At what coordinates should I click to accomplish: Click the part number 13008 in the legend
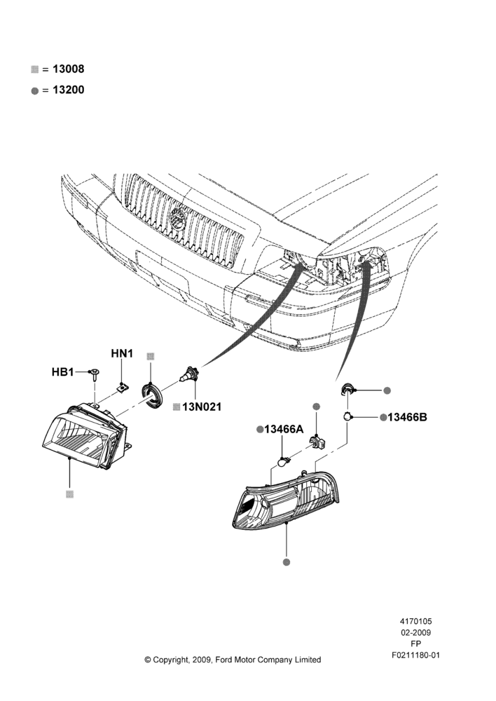(x=69, y=69)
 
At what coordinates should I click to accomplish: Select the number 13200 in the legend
(x=69, y=90)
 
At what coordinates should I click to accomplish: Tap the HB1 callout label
(x=62, y=372)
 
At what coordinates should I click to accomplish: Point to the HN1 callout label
(x=122, y=353)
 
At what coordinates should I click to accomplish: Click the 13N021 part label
(x=202, y=407)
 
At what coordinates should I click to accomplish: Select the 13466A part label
(x=284, y=429)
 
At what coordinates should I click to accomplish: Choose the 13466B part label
(x=407, y=417)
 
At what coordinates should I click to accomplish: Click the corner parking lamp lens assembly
(x=286, y=499)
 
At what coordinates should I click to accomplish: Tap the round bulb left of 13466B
(x=347, y=416)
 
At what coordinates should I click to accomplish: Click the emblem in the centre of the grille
(x=179, y=219)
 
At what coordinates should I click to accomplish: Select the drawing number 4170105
(x=415, y=621)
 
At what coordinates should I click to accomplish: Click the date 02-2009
(x=415, y=632)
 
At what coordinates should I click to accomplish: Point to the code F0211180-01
(x=416, y=655)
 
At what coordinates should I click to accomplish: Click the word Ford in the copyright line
(x=225, y=660)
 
